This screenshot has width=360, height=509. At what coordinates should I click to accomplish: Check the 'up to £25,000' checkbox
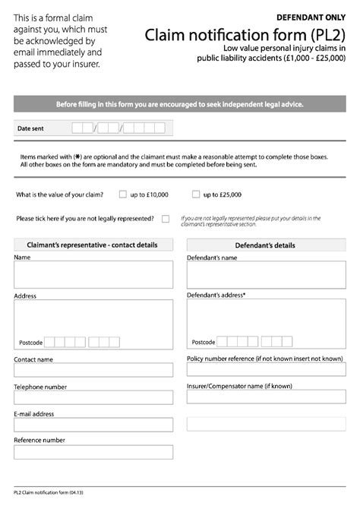click(x=196, y=194)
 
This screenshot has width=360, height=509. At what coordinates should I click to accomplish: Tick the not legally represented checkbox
click(x=165, y=219)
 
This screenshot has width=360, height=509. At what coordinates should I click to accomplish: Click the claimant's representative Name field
click(x=93, y=274)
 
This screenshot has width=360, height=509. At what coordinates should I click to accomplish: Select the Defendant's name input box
click(x=266, y=274)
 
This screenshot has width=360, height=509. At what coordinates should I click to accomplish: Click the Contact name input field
click(x=93, y=369)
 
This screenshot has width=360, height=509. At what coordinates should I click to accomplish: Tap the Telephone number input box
click(x=93, y=397)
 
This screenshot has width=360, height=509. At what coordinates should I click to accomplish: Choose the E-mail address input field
click(x=93, y=424)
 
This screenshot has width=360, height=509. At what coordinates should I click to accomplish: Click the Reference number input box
click(x=93, y=451)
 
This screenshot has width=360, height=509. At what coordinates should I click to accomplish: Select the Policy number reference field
click(x=266, y=369)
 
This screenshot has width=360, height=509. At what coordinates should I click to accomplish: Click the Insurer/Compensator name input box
click(x=266, y=397)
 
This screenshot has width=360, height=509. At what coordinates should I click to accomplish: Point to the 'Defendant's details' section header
click(x=266, y=245)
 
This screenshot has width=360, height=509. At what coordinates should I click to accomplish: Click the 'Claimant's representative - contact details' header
click(x=93, y=245)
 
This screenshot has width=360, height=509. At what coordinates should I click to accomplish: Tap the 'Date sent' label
click(x=30, y=129)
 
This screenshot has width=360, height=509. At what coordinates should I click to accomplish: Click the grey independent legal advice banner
click(x=180, y=103)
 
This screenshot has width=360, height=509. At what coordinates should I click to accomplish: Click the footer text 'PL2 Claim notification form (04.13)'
click(x=48, y=493)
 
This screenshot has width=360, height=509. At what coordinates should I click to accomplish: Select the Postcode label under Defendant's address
click(x=204, y=343)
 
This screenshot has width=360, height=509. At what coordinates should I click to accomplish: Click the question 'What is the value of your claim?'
click(x=60, y=195)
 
